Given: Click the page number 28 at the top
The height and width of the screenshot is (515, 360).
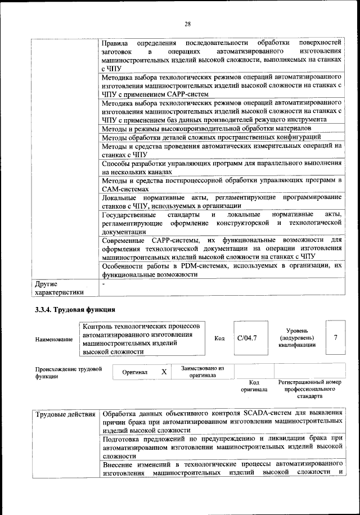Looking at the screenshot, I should pos(187,23).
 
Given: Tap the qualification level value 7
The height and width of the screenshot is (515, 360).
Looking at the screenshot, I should pos(335,337).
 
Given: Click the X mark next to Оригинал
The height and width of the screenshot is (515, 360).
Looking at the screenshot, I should pos(164,372).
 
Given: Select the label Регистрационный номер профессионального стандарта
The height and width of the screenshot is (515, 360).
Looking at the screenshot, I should pos(310,388).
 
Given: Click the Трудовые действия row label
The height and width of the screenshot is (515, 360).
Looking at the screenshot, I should pos(65,415).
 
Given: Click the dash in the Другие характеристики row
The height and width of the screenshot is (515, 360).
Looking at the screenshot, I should pos(103,284).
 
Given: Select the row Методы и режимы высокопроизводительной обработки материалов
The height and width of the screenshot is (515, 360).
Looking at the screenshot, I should pos(213,128).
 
